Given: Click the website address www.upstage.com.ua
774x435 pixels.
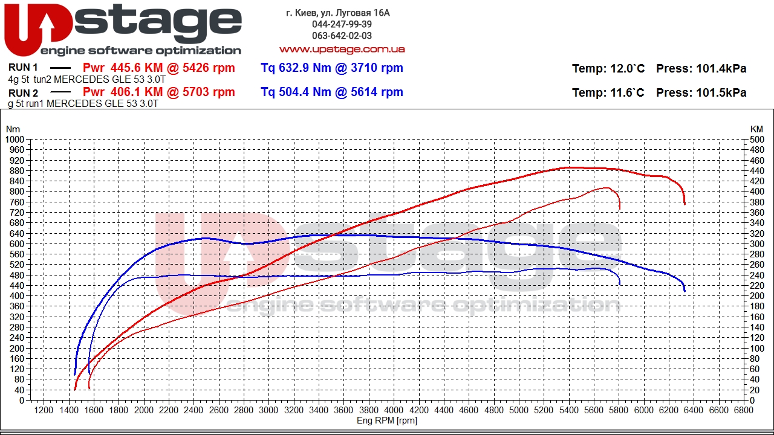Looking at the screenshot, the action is point(342,50).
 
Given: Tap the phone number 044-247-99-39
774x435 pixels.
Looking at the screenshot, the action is point(342,24).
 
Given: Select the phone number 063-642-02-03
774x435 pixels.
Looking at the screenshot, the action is point(342,36).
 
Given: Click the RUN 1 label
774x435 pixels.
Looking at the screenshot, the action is point(23,67).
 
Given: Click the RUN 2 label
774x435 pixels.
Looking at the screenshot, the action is point(23,93).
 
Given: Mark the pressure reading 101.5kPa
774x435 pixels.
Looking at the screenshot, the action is point(721,92).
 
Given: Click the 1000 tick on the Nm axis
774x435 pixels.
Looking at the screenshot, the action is point(15,140).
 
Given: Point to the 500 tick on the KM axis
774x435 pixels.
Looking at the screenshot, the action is point(756,140).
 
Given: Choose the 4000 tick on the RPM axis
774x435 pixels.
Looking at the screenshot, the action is point(394,410).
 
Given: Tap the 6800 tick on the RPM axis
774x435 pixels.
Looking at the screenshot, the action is point(744,410).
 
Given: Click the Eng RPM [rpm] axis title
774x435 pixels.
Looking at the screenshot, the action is point(387,420).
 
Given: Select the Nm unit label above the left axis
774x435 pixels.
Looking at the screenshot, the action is point(13,129).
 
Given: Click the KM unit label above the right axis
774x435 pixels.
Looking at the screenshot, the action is point(756,129).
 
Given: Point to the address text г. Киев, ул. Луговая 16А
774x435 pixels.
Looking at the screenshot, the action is point(338,13).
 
